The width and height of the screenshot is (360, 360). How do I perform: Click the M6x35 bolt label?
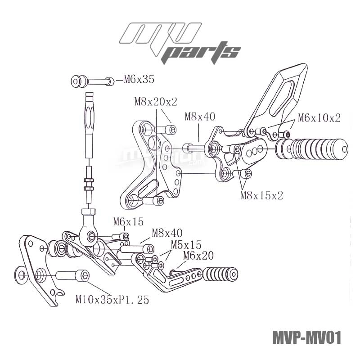tap(135, 80)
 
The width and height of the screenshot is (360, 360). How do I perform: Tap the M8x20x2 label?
tap(156, 102)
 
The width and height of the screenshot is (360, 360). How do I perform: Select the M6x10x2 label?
tap(319, 118)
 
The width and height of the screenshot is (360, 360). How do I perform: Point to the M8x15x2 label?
tap(262, 195)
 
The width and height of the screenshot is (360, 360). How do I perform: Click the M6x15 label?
tap(128, 221)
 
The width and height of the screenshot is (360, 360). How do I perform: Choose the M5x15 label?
tap(185, 245)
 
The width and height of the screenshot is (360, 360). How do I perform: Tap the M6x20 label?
tap(198, 256)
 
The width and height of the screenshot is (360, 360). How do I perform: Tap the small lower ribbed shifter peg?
tap(220, 273)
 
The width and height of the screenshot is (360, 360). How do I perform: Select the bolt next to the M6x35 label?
tap(92, 82)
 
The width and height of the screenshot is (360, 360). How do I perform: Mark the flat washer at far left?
tap(20, 273)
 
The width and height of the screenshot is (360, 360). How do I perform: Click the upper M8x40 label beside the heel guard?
tap(200, 117)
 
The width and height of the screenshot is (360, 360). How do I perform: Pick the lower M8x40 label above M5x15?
tap(167, 233)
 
